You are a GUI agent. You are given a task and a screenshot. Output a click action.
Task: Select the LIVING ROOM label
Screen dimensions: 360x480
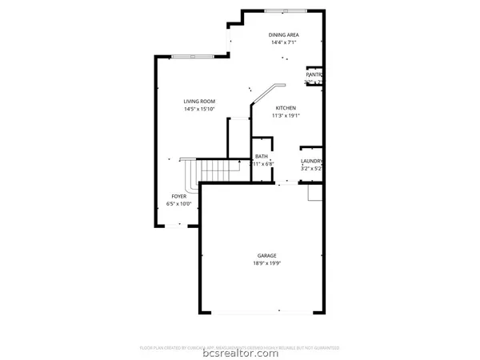(199, 101)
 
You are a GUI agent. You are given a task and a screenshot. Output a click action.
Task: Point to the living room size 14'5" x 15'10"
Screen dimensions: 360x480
(199, 109)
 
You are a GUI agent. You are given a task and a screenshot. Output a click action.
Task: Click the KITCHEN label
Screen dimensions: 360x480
(286, 107)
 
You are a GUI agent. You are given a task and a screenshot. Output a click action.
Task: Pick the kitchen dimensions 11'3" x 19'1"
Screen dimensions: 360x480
(286, 115)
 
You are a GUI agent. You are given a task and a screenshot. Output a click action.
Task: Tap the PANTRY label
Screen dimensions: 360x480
(314, 74)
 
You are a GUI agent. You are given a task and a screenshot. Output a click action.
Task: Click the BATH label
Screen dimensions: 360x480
(262, 156)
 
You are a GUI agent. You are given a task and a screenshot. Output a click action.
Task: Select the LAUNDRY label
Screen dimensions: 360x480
(311, 161)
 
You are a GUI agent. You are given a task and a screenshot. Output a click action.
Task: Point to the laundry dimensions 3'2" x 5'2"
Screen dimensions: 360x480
(311, 169)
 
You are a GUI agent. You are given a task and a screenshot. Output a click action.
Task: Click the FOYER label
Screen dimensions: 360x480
(178, 196)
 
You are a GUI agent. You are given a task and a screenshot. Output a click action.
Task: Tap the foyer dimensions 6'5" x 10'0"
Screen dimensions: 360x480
(178, 204)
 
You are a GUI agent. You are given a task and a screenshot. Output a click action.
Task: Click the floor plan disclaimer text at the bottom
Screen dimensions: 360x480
(239, 348)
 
